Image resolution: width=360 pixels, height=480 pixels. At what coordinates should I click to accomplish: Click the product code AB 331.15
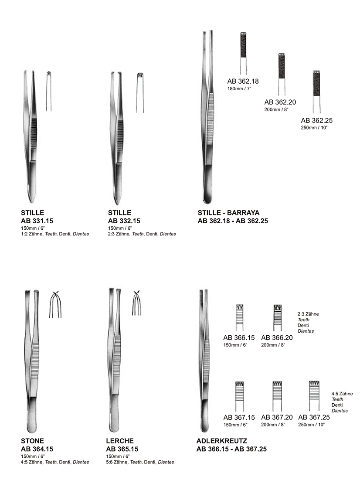[37, 221]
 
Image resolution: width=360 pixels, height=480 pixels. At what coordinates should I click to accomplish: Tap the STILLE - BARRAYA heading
[228, 213]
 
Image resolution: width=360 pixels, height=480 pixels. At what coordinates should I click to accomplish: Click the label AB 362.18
[243, 81]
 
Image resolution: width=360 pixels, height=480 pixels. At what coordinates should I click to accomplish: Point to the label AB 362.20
[280, 102]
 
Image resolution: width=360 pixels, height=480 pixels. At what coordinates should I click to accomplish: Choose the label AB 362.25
[316, 120]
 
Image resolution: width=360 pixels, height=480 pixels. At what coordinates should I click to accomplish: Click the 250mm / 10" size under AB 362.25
[314, 127]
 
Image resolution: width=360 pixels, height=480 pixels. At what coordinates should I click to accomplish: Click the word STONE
[32, 441]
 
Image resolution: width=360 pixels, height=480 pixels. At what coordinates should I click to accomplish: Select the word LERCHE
[120, 441]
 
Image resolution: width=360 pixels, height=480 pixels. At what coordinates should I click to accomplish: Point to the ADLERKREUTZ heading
[222, 441]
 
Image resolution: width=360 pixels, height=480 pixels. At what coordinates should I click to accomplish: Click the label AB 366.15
[239, 337]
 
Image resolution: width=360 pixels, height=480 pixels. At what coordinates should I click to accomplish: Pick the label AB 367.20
[277, 417]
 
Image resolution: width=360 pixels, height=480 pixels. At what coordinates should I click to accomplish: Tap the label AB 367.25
[314, 417]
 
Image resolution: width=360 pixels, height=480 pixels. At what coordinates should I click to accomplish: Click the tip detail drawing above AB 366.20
[278, 318]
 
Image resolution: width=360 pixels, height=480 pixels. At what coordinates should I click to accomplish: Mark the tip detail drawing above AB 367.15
[239, 396]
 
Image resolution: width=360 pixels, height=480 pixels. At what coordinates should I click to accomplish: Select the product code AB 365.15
[122, 449]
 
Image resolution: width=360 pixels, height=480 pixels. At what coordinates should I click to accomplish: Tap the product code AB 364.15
[37, 449]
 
